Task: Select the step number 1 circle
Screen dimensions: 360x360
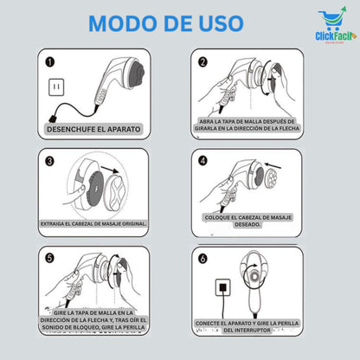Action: [x=49, y=61]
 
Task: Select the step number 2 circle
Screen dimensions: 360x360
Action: [x=202, y=62]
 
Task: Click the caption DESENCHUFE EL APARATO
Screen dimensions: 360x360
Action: [x=93, y=129]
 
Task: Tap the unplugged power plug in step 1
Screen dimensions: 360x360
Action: [x=55, y=115]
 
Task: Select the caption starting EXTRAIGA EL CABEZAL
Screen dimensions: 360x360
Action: [x=93, y=223]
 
